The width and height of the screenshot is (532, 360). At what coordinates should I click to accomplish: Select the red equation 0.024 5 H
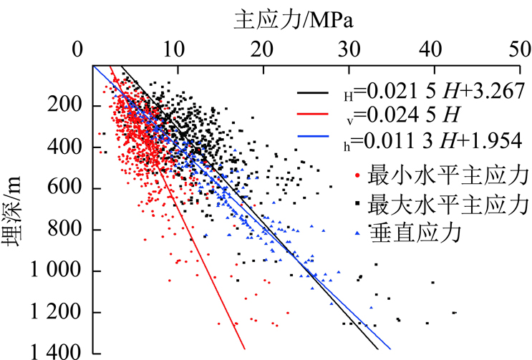click(x=401, y=114)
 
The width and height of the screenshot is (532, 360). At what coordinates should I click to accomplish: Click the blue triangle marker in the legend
click(x=358, y=234)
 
